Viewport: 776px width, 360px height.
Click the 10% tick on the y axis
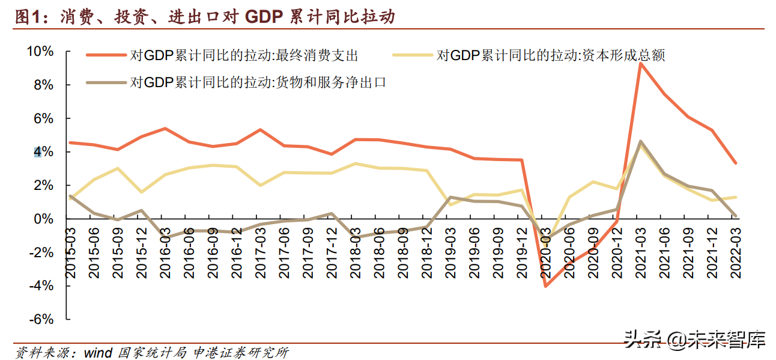[x=40, y=52]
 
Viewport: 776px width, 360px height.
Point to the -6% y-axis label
[x=40, y=320]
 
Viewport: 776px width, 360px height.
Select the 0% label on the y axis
[x=43, y=219]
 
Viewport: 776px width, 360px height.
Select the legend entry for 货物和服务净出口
[x=258, y=82]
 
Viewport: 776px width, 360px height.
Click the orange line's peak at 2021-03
[x=641, y=63]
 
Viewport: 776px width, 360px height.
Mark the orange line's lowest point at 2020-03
[x=546, y=286]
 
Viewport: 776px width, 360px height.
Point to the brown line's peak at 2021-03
[x=641, y=141]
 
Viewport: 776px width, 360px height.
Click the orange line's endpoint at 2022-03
[x=736, y=163]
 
